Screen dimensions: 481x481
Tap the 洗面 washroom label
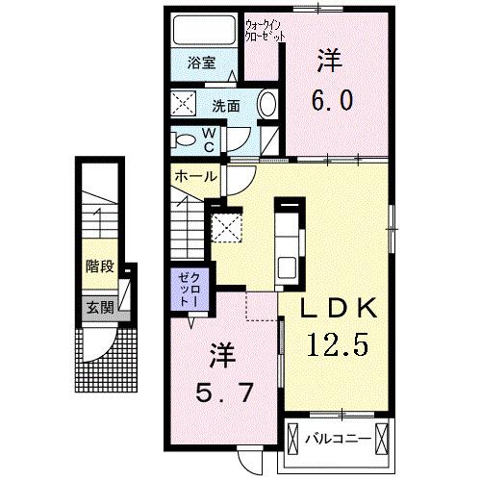[x=226, y=105]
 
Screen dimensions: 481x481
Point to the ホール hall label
[x=195, y=177]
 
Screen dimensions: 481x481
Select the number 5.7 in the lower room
[x=223, y=394]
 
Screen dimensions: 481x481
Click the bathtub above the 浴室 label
[x=203, y=30]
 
